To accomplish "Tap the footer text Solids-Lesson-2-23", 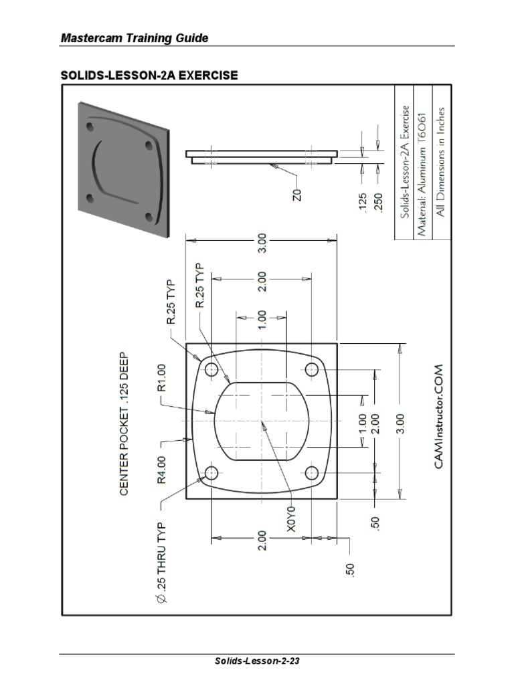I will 256,662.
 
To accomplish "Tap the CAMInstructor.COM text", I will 440,416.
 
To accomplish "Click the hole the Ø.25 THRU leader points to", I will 211,474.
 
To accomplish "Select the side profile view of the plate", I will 260,157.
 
